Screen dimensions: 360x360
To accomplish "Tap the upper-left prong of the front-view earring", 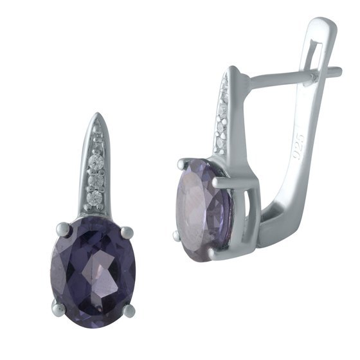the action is point(63,229).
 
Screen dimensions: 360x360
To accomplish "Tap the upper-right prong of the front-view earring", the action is point(127,232).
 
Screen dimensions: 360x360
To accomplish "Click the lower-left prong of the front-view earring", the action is point(58,307).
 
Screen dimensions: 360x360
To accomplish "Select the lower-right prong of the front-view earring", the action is point(130,310).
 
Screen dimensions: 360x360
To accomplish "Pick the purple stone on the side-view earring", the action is point(204,210).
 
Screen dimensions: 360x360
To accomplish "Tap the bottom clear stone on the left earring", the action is point(95,198).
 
